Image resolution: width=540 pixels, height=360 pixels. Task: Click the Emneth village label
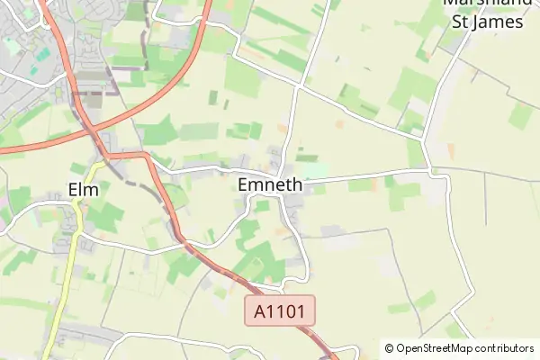270,184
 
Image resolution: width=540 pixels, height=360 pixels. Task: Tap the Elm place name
83,189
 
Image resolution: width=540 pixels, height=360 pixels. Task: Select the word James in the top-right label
501,21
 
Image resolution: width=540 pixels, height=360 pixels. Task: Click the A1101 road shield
281,312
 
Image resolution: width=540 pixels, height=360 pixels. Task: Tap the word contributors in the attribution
504,347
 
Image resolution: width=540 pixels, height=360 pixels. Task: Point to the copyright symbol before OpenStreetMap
389,347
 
